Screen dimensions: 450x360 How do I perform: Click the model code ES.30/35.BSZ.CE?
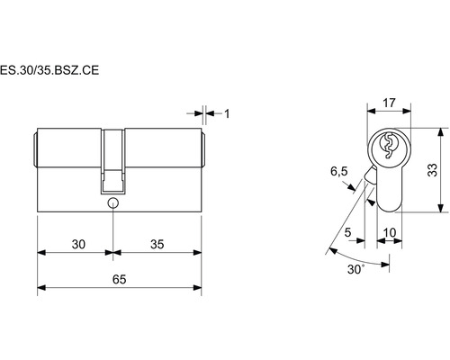click(49, 70)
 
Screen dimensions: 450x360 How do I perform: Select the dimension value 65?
click(119, 279)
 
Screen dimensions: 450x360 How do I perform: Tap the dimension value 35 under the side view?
click(157, 244)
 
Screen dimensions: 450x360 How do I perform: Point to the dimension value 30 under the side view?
click(78, 244)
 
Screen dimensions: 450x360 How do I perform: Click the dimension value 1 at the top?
click(227, 113)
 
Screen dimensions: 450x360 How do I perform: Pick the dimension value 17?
click(389, 103)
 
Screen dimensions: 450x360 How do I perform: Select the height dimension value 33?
click(432, 170)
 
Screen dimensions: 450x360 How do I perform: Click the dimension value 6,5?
click(339, 171)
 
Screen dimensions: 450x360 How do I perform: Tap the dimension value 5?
click(347, 232)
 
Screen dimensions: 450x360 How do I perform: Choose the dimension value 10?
click(390, 232)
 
